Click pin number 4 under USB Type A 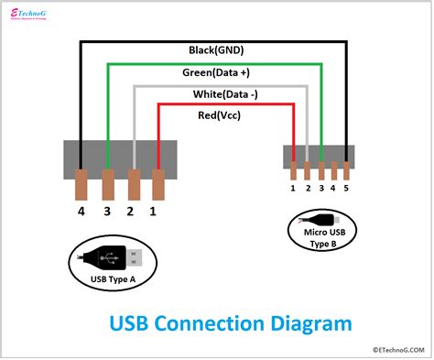coord(81,213)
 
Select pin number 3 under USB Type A coord(107,213)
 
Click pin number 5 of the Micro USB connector coord(347,188)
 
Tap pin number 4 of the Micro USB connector coord(334,188)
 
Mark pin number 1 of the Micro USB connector coord(293,188)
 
